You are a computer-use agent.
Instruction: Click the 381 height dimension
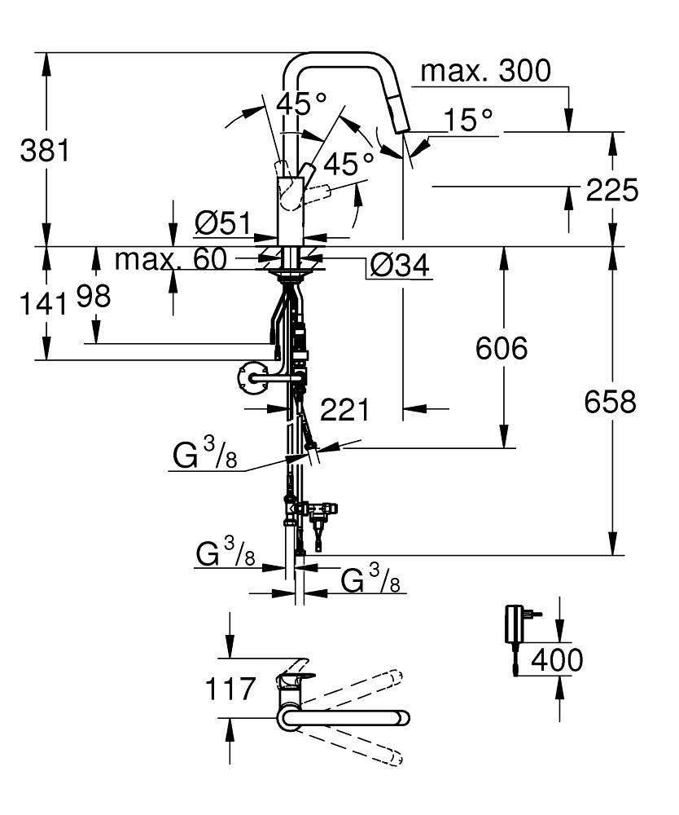pyautogui.click(x=44, y=151)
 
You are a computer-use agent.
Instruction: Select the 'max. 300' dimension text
pyautogui.click(x=485, y=71)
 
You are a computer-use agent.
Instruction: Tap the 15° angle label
pyautogui.click(x=468, y=120)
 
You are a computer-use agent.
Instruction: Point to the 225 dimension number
pyautogui.click(x=612, y=190)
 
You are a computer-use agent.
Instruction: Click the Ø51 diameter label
pyautogui.click(x=223, y=223)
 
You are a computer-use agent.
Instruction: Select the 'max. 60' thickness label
pyautogui.click(x=171, y=259)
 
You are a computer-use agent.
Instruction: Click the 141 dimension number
pyautogui.click(x=44, y=303)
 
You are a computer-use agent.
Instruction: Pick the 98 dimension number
pyautogui.click(x=94, y=297)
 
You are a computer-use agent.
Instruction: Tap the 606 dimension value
pyautogui.click(x=502, y=348)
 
